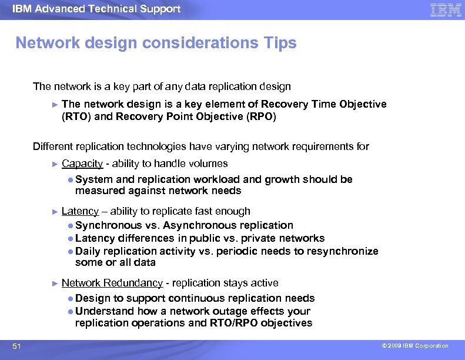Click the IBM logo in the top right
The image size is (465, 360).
tap(446, 10)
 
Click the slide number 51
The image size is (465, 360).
tap(16, 346)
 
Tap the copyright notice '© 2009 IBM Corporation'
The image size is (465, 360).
tap(414, 346)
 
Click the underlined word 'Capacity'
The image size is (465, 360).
tap(82, 164)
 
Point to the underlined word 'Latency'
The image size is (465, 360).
tap(80, 211)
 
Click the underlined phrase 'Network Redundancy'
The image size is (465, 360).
tap(112, 283)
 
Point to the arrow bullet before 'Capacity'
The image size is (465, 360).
tap(55, 164)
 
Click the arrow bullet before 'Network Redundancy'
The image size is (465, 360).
tap(55, 283)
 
